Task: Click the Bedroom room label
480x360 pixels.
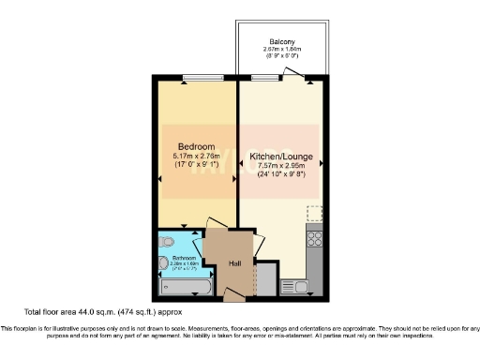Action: point(197,147)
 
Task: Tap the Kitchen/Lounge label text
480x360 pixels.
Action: point(281,156)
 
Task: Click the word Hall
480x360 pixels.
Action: point(234,263)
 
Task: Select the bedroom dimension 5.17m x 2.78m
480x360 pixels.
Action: point(197,156)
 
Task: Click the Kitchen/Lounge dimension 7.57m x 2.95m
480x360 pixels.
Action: point(281,166)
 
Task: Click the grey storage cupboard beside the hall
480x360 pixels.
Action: point(266,277)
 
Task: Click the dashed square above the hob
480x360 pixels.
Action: point(314,213)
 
